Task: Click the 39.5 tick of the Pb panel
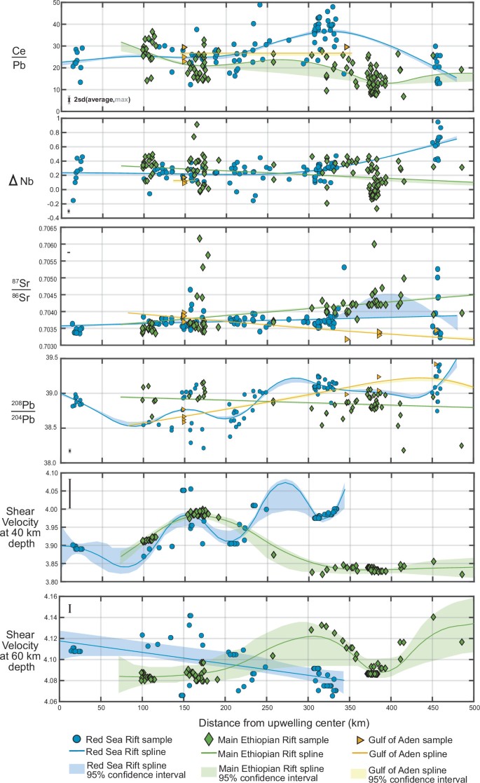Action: [x=48, y=358]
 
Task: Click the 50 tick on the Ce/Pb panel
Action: [x=53, y=4]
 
